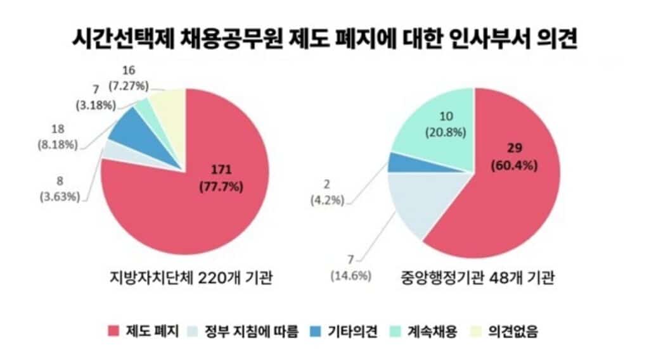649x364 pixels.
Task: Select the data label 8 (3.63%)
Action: coord(58,189)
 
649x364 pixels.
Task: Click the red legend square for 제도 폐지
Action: coord(114,331)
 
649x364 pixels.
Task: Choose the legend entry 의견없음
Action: coord(514,331)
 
